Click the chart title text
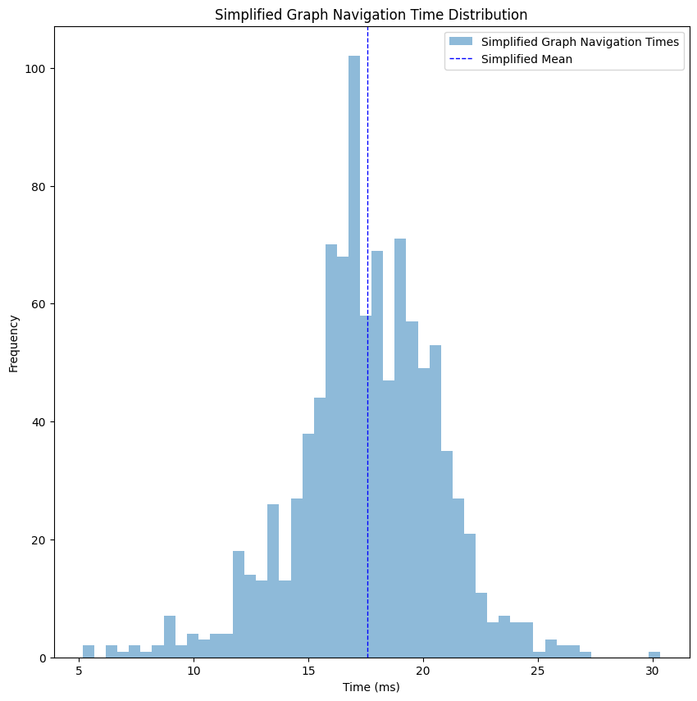[371, 15]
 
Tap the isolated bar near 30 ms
[654, 654]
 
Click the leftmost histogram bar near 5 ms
[89, 652]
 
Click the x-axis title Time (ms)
[371, 687]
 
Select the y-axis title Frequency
[14, 343]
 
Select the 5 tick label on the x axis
[80, 671]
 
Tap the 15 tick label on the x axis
[308, 671]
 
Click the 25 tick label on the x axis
[538, 671]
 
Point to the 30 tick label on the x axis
[652, 671]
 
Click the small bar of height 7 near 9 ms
[170, 638]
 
